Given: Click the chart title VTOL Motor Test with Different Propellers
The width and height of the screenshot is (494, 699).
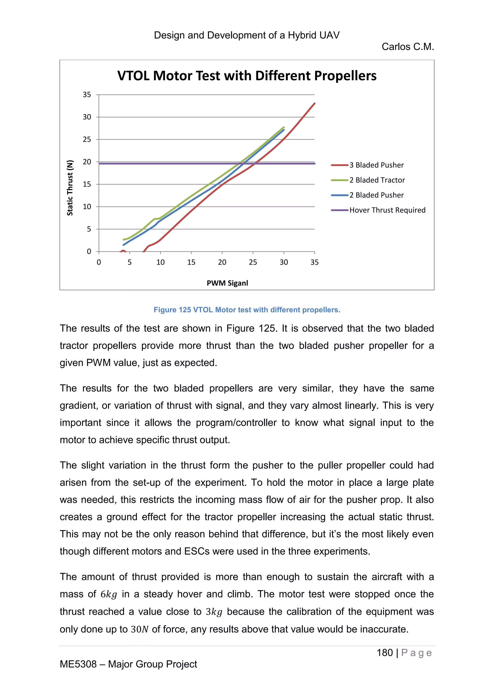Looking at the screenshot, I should point(247,76).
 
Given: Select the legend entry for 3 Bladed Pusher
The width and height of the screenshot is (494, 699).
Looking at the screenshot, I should point(376,165).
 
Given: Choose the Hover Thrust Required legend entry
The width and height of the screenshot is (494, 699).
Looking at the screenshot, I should point(387,210).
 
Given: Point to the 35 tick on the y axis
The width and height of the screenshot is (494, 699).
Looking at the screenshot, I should point(87,95).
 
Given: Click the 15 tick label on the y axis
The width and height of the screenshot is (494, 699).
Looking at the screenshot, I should point(87,184).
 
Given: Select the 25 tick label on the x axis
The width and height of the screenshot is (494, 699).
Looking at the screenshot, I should point(253,262).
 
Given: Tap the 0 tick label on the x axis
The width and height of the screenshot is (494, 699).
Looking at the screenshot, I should point(99,262).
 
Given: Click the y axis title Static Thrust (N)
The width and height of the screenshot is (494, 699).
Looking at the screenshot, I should point(70,188).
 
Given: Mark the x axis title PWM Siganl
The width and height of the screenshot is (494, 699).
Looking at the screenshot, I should point(227,283).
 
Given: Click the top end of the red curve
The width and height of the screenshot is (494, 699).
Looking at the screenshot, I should point(315,104).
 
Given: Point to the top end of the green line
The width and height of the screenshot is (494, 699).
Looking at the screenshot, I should point(283,127).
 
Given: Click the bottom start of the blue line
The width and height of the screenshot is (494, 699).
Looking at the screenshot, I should point(123,245).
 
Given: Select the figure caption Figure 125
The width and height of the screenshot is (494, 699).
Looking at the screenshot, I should point(247,310).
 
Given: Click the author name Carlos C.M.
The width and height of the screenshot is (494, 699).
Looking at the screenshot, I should point(408,47).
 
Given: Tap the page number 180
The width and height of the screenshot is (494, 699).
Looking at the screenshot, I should point(385,653).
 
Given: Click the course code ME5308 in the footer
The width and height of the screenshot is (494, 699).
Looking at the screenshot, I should point(78,664).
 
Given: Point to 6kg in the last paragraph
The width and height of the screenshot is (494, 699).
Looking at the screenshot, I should point(109,594).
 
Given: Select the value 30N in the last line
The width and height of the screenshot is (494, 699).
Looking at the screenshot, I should point(139,629).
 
